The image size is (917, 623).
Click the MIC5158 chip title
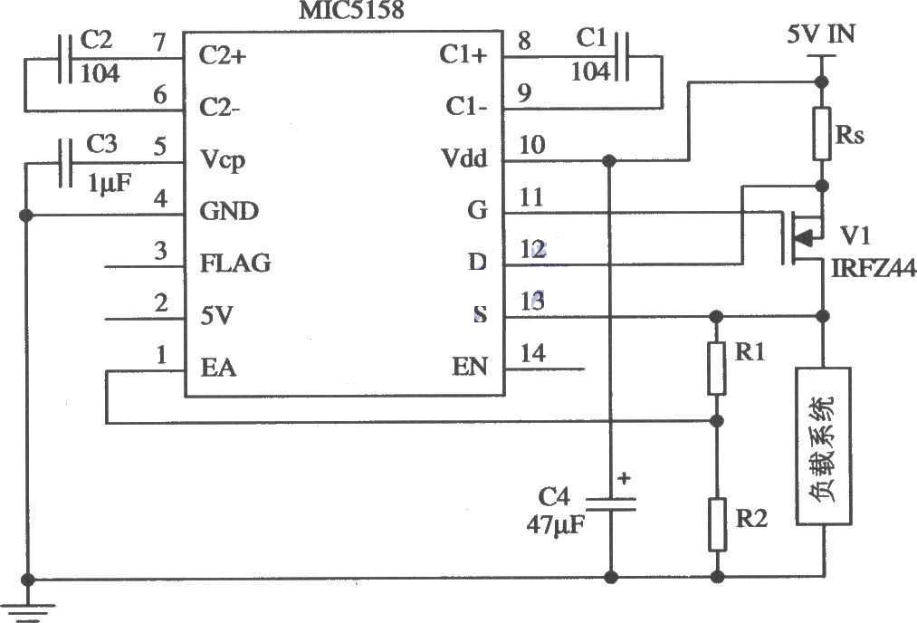(x=351, y=10)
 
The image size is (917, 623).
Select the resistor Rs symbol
(x=822, y=133)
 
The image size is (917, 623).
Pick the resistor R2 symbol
(x=718, y=524)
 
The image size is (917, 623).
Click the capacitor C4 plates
(x=610, y=503)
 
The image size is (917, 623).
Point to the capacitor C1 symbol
(x=623, y=56)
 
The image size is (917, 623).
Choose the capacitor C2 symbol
(x=64, y=59)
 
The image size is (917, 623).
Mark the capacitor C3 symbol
(x=65, y=163)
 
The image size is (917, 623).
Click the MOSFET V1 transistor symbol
(x=802, y=237)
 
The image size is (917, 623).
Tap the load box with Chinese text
(x=823, y=446)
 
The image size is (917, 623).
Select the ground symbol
(x=27, y=611)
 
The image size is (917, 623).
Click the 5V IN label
(x=821, y=34)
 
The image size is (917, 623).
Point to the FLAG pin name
(x=235, y=263)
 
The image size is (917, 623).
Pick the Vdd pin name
(x=463, y=158)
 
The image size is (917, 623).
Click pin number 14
(x=533, y=353)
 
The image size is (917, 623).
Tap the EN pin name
(x=470, y=367)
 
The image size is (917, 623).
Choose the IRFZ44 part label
(x=874, y=268)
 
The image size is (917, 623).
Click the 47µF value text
(x=555, y=524)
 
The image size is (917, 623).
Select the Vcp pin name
(x=222, y=159)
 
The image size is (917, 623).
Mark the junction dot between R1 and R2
(x=718, y=420)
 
